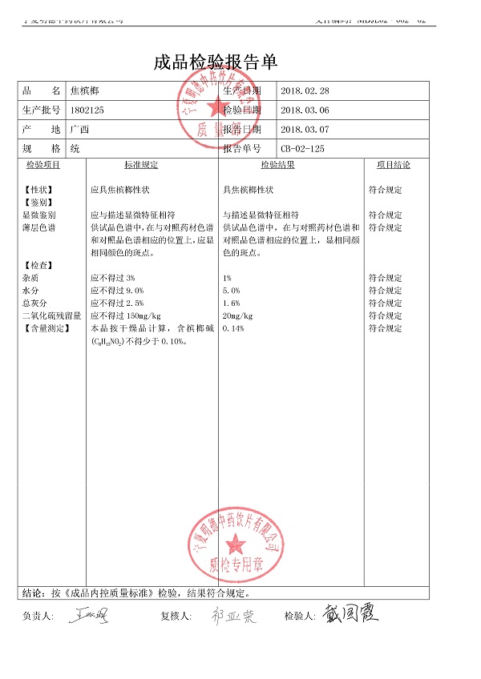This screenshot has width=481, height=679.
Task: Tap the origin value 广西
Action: [x=79, y=129]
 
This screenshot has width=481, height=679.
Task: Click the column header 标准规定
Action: [x=141, y=165]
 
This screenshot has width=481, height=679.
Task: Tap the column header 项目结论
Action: [x=393, y=165]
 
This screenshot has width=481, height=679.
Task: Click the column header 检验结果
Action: [x=277, y=165]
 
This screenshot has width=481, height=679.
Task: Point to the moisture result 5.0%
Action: [x=231, y=291]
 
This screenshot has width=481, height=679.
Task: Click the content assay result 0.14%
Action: [x=232, y=328]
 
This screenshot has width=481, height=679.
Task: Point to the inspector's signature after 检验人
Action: [x=350, y=614]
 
